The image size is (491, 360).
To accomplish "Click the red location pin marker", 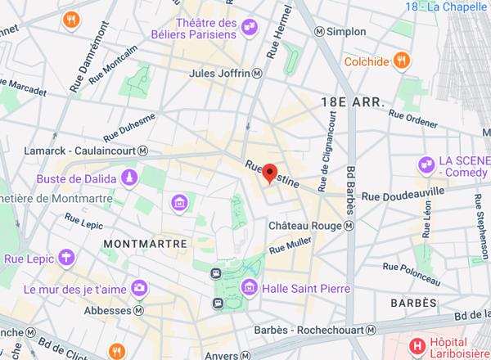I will (273, 173).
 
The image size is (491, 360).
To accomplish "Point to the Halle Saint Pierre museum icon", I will (250, 288).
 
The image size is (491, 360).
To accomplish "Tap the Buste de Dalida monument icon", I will (128, 178).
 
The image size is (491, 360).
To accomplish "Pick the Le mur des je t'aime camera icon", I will (140, 288).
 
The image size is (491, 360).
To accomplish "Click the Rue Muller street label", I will (291, 244).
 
